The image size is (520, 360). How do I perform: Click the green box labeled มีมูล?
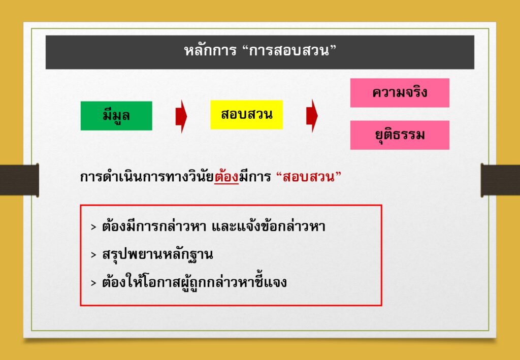(116, 116)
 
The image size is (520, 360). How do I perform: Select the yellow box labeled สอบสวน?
(246, 115)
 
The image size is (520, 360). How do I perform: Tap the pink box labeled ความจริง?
(400, 93)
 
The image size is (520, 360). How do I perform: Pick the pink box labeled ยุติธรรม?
(400, 135)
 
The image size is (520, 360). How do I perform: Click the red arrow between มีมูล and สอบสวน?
(181, 116)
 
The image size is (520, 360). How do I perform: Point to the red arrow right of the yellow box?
(312, 116)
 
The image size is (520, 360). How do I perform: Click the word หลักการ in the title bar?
(210, 51)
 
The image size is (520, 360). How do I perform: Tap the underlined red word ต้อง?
(226, 177)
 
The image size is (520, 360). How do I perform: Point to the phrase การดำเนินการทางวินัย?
(147, 177)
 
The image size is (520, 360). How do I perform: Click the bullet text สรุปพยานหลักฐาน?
(157, 254)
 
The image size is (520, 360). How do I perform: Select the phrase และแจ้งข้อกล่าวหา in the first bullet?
(268, 226)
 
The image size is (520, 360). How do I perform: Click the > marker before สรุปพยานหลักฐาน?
(93, 255)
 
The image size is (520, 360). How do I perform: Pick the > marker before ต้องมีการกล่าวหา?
(93, 227)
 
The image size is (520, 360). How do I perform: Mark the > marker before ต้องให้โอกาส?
(93, 283)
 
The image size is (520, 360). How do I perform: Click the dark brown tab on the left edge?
(19, 180)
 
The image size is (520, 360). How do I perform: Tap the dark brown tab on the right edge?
(500, 180)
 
